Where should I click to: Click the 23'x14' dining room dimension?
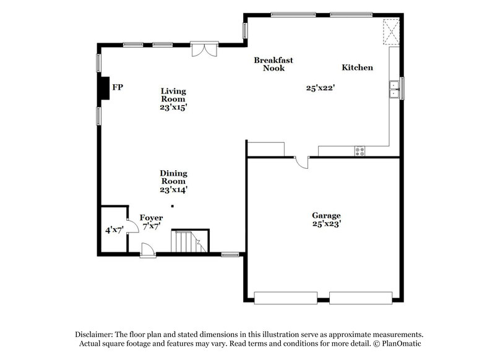click(174, 190)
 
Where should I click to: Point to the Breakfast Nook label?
click(273, 64)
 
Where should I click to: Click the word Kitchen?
click(358, 67)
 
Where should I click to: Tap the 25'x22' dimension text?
click(321, 88)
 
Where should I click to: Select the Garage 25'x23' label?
click(326, 220)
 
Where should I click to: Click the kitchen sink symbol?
click(394, 90)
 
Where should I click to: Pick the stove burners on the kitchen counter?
click(360, 150)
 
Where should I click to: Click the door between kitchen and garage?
click(301, 161)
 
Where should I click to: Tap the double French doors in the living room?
click(204, 49)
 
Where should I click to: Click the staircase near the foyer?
click(190, 241)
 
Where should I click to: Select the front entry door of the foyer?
click(148, 251)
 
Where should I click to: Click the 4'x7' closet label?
click(114, 229)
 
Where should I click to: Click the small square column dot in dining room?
click(173, 206)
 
